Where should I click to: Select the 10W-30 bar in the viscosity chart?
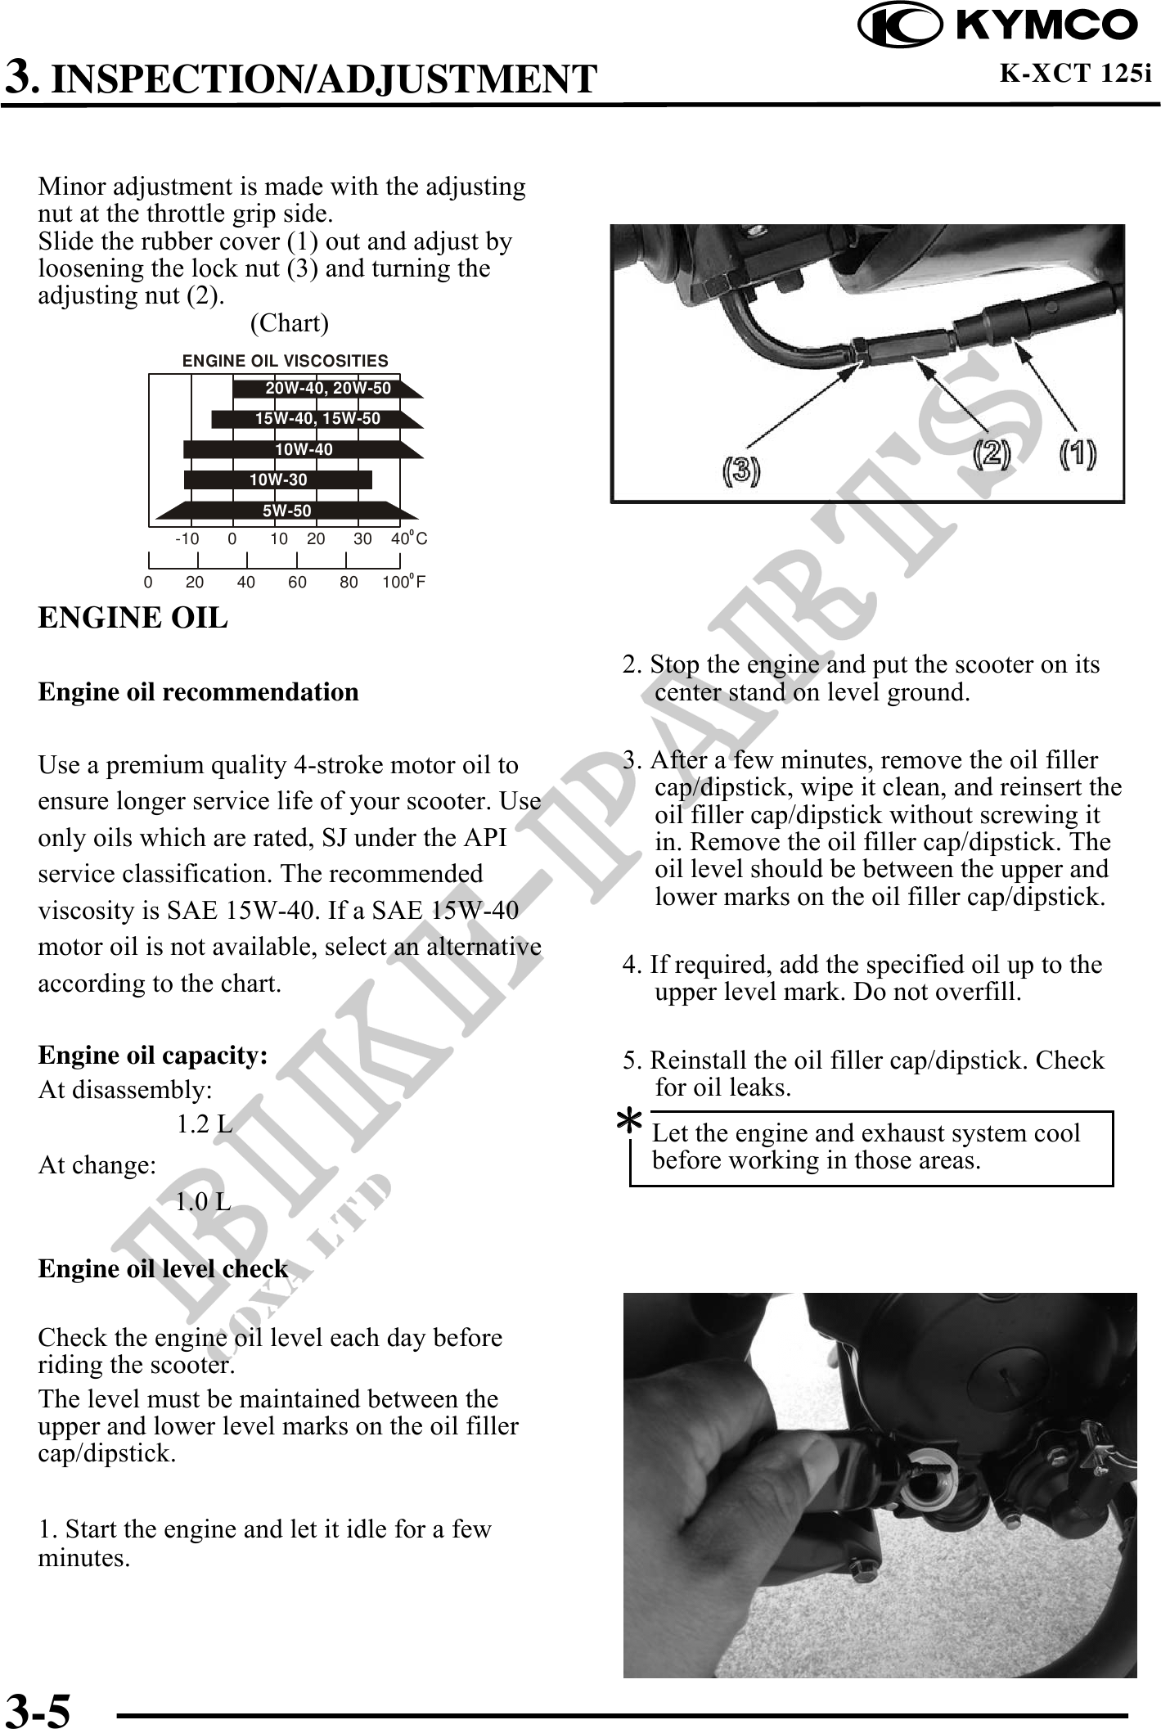(x=278, y=480)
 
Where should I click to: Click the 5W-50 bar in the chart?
(x=286, y=511)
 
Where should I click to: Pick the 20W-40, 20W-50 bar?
(x=327, y=388)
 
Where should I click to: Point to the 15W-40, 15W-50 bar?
(x=317, y=419)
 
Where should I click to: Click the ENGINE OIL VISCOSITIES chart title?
(x=285, y=361)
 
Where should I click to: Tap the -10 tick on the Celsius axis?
(x=187, y=539)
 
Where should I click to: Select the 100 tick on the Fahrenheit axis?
(x=395, y=583)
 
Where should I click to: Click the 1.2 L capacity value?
(x=204, y=1126)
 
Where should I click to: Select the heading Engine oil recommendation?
(x=199, y=692)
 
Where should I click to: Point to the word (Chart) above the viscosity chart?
(x=290, y=324)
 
